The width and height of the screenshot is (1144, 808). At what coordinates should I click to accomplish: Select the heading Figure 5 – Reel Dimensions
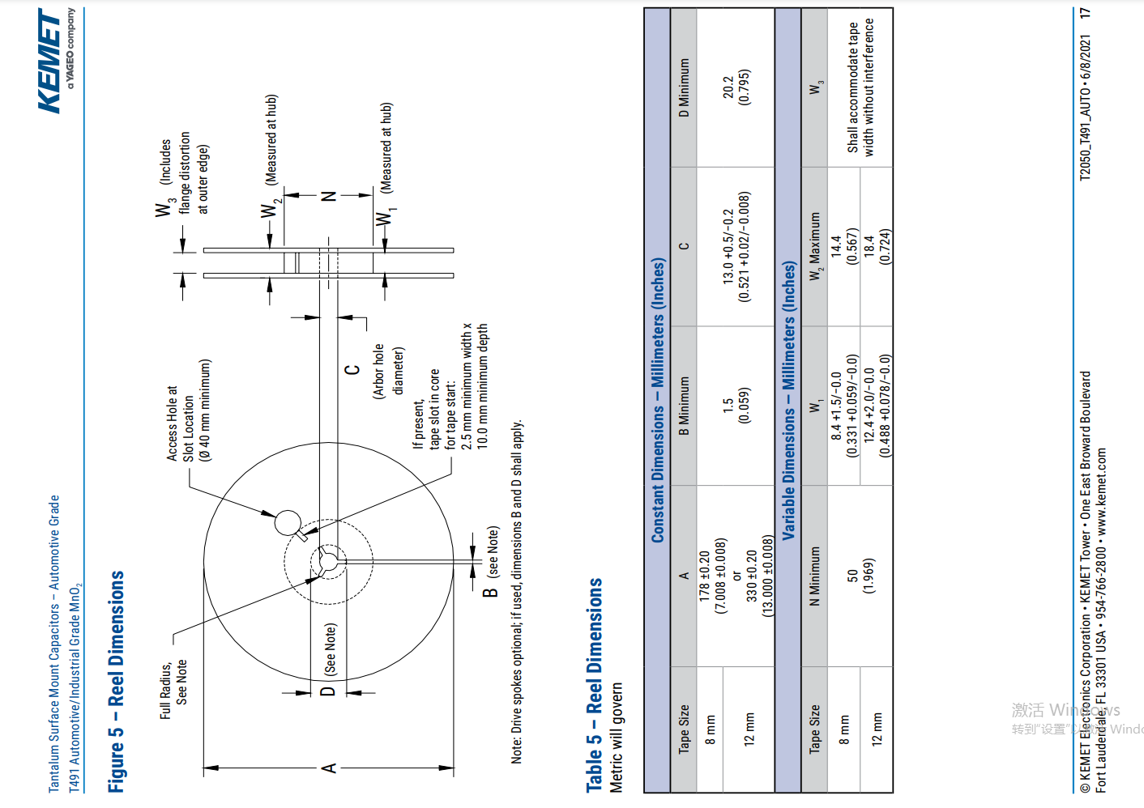tap(117, 681)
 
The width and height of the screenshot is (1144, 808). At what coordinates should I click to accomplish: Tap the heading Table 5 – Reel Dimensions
tap(595, 684)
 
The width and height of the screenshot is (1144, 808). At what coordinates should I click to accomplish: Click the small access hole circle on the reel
tap(288, 522)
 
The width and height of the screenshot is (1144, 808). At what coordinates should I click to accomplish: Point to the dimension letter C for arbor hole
tap(352, 370)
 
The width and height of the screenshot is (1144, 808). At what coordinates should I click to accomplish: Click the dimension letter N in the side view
tap(328, 196)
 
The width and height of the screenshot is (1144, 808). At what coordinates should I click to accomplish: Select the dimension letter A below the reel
tap(329, 768)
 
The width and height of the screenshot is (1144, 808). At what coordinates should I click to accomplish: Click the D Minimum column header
tap(685, 87)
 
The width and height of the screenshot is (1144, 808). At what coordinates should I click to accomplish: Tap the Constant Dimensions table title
tap(658, 401)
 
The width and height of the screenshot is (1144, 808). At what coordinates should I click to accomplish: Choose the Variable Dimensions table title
tap(788, 401)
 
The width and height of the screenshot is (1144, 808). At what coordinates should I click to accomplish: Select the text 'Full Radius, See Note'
tap(173, 688)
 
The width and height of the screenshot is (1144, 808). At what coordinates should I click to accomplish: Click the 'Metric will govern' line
tap(617, 737)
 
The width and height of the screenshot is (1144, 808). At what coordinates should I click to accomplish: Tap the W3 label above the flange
tap(164, 208)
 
